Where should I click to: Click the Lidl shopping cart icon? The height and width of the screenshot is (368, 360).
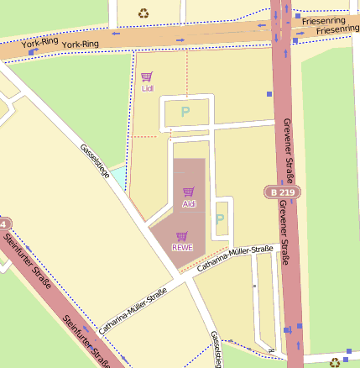[x=147, y=76]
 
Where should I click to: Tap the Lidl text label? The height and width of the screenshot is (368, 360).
[x=148, y=88]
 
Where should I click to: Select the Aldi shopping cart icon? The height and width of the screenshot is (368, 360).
[x=189, y=192]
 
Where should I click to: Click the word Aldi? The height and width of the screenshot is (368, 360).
[x=189, y=204]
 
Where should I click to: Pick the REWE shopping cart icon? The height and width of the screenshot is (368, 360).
[x=182, y=236]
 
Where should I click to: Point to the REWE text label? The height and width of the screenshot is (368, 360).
[x=182, y=248]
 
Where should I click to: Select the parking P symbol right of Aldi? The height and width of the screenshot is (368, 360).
[x=220, y=218]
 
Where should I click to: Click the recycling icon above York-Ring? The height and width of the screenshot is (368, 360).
[x=143, y=13]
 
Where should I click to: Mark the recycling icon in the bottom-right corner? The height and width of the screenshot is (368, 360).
[x=335, y=362]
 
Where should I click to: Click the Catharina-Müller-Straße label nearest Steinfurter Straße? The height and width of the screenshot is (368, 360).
[x=133, y=308]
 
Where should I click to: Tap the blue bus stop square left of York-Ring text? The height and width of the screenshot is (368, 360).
[x=33, y=52]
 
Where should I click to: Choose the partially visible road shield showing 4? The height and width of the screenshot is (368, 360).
[x=4, y=225]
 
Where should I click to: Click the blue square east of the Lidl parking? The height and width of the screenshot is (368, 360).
[x=269, y=94]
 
